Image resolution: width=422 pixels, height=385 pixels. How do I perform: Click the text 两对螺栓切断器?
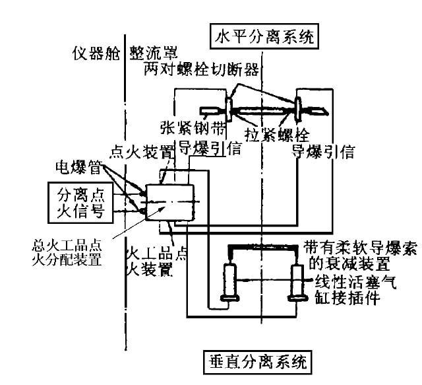pyautogui.click(x=200, y=70)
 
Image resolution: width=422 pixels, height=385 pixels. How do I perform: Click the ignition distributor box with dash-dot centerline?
pyautogui.click(x=170, y=202)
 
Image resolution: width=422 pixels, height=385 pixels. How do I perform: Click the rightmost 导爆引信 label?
pyautogui.click(x=324, y=152)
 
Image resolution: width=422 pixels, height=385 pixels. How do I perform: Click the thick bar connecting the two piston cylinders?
pyautogui.click(x=264, y=249)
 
